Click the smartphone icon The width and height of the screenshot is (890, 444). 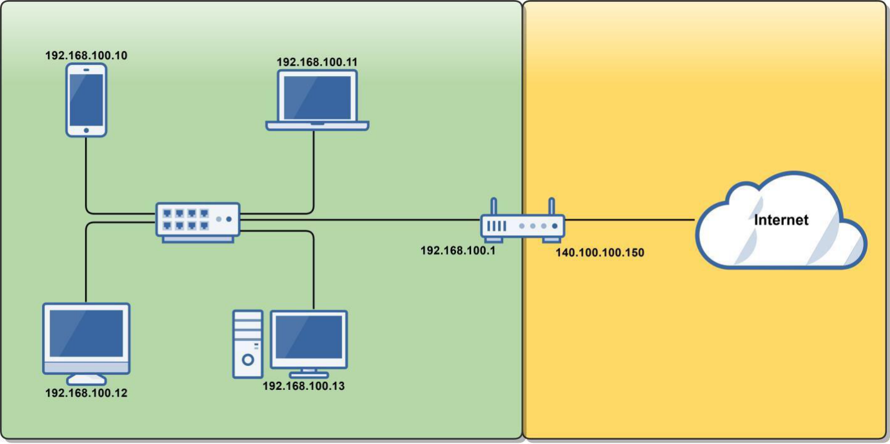click(x=86, y=99)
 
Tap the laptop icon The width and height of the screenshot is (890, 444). click(x=317, y=99)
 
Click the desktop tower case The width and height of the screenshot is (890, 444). click(x=247, y=343)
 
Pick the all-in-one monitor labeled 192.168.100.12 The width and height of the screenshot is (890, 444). click(x=86, y=340)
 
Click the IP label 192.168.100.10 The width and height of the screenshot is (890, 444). click(x=86, y=55)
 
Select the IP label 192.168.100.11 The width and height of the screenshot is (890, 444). click(x=318, y=62)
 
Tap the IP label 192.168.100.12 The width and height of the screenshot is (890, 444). click(x=86, y=393)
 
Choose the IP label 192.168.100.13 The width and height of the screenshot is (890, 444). click(x=304, y=386)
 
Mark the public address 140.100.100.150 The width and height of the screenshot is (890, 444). click(x=600, y=253)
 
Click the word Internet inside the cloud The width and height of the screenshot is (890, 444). click(x=781, y=220)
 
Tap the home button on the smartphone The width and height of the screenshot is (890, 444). click(x=86, y=130)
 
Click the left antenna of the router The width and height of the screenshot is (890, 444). click(x=494, y=208)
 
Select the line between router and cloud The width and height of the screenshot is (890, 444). click(x=629, y=220)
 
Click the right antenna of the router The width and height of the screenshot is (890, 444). click(x=551, y=208)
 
